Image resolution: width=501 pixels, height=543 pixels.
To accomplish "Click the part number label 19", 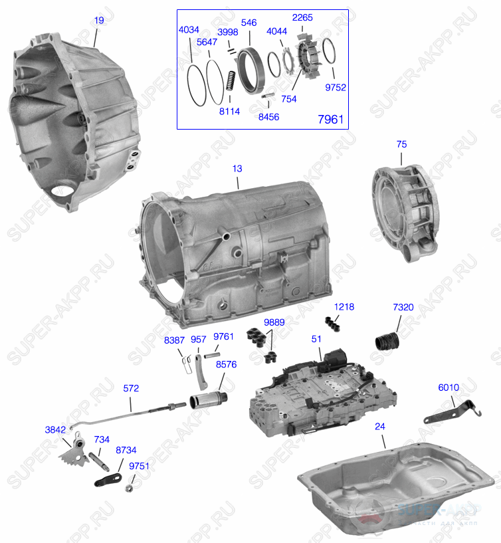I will pos(99,21).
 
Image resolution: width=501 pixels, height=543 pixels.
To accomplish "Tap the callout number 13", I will pos(237,169).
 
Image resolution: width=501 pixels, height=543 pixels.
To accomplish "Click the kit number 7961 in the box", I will pos(331,120).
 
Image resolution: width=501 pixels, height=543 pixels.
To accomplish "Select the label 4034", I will pos(188,29).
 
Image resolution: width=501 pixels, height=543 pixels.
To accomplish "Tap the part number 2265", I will pos(302,18).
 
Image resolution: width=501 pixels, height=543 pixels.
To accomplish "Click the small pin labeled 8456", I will pos(268,97).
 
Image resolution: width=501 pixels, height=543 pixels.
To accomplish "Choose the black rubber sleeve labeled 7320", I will pos(385,340).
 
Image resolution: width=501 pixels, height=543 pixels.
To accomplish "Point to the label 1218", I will pos(344,307).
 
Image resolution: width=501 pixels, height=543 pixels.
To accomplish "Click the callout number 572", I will pos(132,388).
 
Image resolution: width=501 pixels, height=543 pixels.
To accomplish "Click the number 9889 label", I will pos(274,322).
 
